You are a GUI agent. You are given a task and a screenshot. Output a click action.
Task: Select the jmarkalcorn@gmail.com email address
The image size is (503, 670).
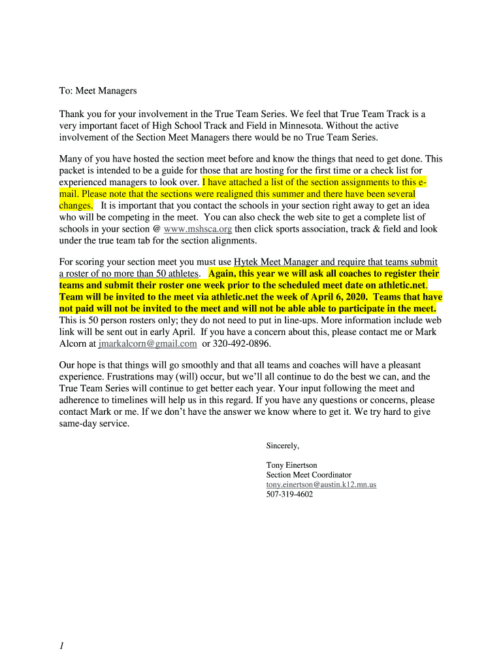tap(148, 344)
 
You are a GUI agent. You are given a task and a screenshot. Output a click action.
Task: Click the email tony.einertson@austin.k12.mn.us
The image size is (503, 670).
tap(321, 485)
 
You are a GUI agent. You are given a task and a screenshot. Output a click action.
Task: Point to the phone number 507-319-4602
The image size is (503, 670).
tap(289, 495)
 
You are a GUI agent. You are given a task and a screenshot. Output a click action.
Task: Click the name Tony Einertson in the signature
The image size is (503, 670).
tap(291, 465)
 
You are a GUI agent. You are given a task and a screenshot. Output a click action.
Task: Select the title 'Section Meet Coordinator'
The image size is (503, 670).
tap(308, 475)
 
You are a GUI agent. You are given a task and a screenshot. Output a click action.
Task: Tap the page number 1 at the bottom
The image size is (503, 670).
tap(61, 646)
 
